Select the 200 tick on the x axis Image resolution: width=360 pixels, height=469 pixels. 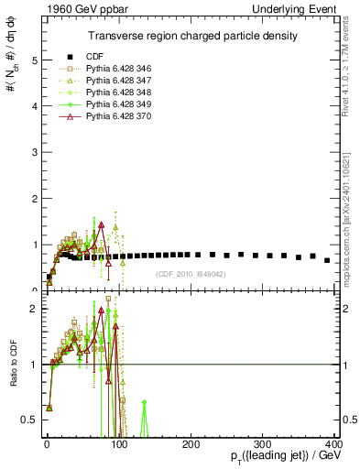click(191, 442)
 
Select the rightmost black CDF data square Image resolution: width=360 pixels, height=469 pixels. click(327, 260)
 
